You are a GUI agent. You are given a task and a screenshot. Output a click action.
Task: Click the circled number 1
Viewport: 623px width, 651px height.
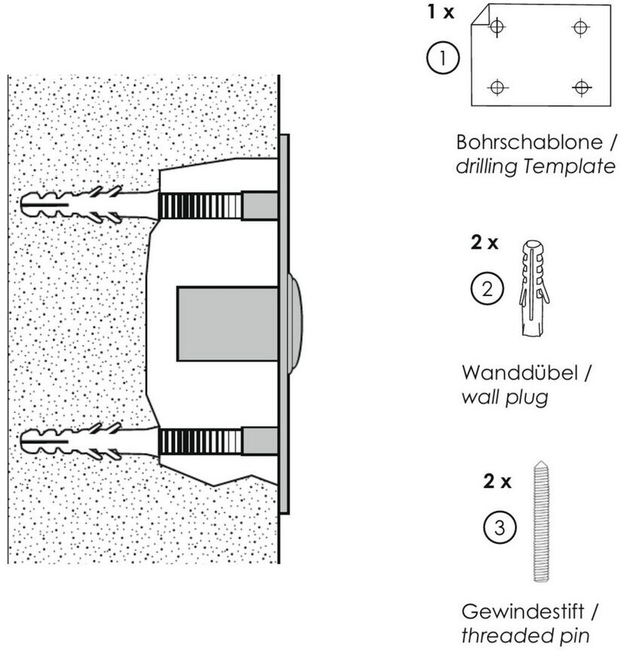click(x=443, y=57)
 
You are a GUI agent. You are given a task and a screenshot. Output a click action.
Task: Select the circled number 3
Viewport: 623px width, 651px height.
click(x=500, y=528)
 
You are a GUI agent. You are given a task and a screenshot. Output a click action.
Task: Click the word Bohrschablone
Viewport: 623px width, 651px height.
click(x=519, y=142)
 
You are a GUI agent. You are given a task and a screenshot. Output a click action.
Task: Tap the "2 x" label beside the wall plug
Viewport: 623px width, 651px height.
click(x=484, y=243)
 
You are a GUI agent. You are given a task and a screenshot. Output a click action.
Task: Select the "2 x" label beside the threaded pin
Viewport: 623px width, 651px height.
click(x=497, y=481)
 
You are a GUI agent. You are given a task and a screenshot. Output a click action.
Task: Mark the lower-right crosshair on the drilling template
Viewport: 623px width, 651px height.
click(x=580, y=87)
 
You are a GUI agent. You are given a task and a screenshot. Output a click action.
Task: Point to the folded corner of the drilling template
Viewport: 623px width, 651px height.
click(x=479, y=17)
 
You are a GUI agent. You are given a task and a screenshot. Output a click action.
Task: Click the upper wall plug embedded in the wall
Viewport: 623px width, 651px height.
click(x=72, y=203)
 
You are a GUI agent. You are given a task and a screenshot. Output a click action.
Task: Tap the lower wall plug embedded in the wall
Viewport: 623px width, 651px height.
click(x=72, y=439)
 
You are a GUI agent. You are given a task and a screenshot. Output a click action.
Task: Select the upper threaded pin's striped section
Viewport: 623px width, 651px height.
click(x=200, y=204)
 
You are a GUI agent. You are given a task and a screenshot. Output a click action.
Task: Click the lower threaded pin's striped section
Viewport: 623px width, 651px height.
click(x=200, y=440)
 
